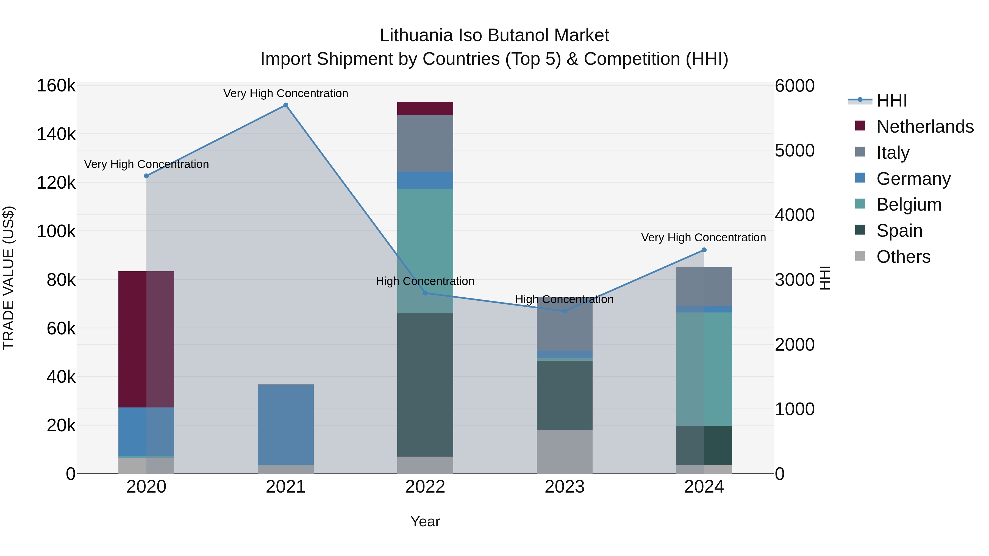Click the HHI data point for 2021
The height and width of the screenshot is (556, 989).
[x=286, y=105]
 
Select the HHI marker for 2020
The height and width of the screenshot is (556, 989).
[x=146, y=176]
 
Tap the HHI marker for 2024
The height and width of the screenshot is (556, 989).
[x=704, y=250]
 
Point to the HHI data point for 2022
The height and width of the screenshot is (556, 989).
[x=425, y=293]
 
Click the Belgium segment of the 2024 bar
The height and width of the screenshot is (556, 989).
[x=704, y=369]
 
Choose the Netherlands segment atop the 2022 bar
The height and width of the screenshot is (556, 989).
[x=425, y=108]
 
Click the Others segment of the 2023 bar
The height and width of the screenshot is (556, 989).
[x=564, y=452]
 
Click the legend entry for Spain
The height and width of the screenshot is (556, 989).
[x=899, y=231]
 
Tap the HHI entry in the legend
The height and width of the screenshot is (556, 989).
[x=891, y=100]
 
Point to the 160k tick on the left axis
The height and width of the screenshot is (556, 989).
[x=56, y=86]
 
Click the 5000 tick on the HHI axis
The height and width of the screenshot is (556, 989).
[x=794, y=150]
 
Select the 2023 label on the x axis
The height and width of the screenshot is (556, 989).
[x=564, y=487]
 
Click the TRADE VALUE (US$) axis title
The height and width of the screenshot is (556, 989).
[x=9, y=278]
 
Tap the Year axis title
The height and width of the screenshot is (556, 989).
[x=425, y=521]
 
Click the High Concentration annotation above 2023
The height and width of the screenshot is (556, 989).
[x=564, y=299]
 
